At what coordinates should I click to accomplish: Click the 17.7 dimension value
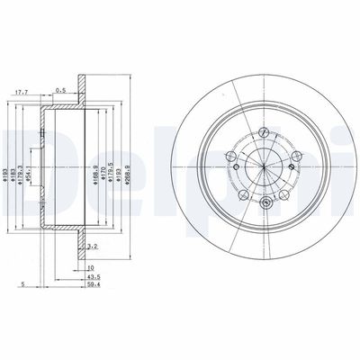tap(24, 89)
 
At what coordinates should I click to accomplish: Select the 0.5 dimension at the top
tap(60, 89)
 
